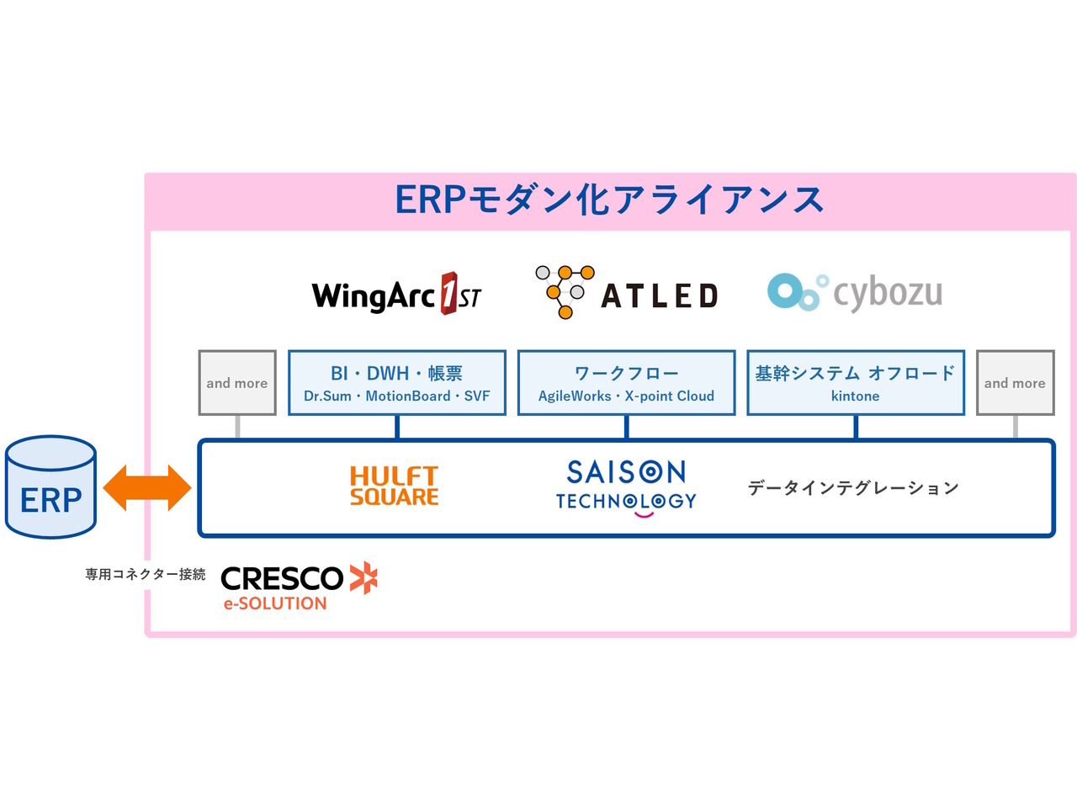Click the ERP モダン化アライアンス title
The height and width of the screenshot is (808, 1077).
tap(609, 200)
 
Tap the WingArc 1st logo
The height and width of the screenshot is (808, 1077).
tap(396, 295)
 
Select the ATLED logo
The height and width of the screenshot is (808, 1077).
tap(627, 293)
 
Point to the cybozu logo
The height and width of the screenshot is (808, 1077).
tap(855, 292)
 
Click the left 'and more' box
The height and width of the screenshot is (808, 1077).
tap(237, 383)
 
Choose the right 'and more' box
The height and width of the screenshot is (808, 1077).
tap(1015, 383)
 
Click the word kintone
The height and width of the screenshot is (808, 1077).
tap(855, 396)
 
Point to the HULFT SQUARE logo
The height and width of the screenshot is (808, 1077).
tap(395, 486)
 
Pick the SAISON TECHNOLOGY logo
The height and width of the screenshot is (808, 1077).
tap(626, 486)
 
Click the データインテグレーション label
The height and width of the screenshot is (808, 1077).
tap(853, 488)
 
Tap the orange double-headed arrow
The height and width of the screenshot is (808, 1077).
tap(147, 488)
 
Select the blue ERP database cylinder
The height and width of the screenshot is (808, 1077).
tap(50, 487)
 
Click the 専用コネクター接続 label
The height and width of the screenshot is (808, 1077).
tap(145, 574)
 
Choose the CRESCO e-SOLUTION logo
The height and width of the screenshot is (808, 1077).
tap(298, 586)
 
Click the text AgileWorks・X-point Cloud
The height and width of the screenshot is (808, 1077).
tap(626, 396)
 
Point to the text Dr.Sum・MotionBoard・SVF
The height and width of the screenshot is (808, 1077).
tap(396, 396)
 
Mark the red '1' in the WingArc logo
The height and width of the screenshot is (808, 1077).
tap(449, 293)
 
